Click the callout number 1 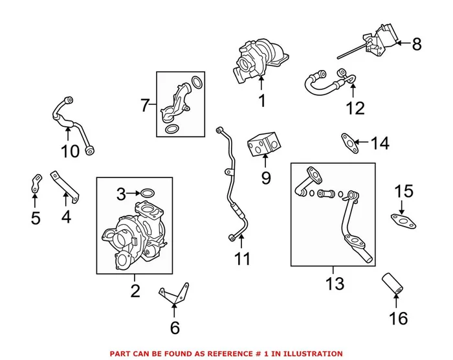tap(261, 101)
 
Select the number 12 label tap(355, 107)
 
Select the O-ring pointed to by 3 tap(148, 193)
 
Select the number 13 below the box tap(334, 284)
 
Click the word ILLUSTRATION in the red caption tap(309, 354)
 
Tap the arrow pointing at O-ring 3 tap(131, 193)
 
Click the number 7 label tap(144, 104)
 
